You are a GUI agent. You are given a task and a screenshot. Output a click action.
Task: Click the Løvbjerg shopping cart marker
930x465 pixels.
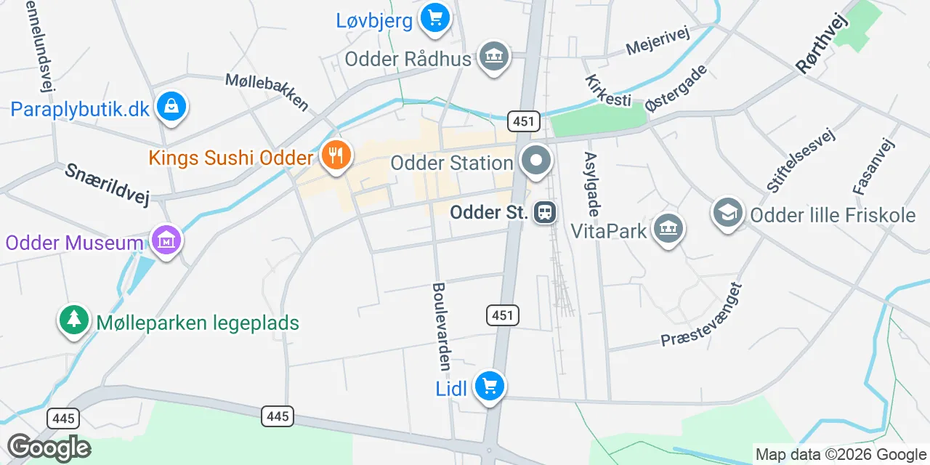pyautogui.click(x=434, y=17)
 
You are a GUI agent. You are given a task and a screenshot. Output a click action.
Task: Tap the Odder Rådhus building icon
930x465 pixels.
pyautogui.click(x=494, y=56)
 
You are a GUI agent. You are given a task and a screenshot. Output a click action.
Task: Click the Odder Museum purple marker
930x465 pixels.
pyautogui.click(x=166, y=239)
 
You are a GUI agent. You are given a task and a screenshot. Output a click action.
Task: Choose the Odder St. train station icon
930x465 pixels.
pyautogui.click(x=544, y=213)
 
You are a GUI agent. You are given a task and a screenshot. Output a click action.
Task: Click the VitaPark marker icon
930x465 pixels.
pyautogui.click(x=668, y=229)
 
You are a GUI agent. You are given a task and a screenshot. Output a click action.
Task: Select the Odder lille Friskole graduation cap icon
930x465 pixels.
pyautogui.click(x=727, y=212)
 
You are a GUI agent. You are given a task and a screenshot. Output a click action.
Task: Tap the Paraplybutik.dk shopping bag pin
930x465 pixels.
pyautogui.click(x=171, y=107)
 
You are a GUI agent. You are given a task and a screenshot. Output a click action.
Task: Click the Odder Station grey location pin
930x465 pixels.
pyautogui.click(x=536, y=160)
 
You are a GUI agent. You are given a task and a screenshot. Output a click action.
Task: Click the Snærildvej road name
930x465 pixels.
pyautogui.click(x=106, y=184)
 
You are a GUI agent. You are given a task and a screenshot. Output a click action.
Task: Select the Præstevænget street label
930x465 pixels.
pyautogui.click(x=702, y=315)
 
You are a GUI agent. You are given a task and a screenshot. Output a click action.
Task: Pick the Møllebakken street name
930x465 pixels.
pyautogui.click(x=267, y=92)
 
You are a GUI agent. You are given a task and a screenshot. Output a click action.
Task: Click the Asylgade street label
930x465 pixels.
pyautogui.click(x=592, y=185)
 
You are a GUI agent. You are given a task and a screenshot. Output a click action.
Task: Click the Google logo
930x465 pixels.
pyautogui.click(x=49, y=447)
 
